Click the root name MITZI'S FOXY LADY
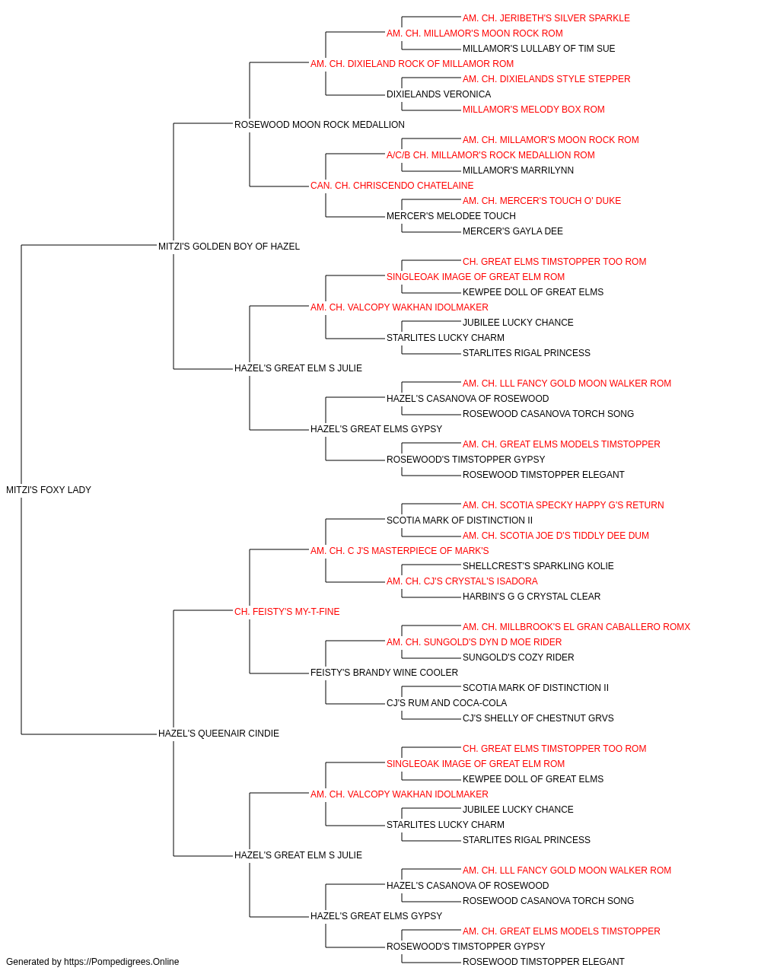point(49,490)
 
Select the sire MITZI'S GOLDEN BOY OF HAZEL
point(228,247)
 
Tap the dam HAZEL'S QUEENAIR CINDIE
point(218,734)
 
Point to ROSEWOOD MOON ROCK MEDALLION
point(319,125)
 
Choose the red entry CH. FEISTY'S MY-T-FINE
point(287,612)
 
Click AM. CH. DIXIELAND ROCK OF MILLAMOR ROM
point(412,64)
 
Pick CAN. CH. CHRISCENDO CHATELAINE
point(392,186)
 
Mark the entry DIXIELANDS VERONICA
point(439,94)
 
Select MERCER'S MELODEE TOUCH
point(451,216)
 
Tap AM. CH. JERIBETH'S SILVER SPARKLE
point(546,18)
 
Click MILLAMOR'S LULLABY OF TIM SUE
point(539,49)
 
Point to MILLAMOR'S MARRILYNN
point(518,170)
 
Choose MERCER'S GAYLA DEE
point(513,231)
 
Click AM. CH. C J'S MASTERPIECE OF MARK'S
point(400,551)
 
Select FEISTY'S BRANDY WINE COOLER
point(384,673)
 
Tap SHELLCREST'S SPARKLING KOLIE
point(538,566)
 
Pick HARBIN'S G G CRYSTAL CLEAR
point(531,597)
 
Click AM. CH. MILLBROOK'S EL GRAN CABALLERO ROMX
point(576,627)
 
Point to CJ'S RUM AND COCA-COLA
point(447,703)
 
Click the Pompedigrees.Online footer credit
point(92,962)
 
